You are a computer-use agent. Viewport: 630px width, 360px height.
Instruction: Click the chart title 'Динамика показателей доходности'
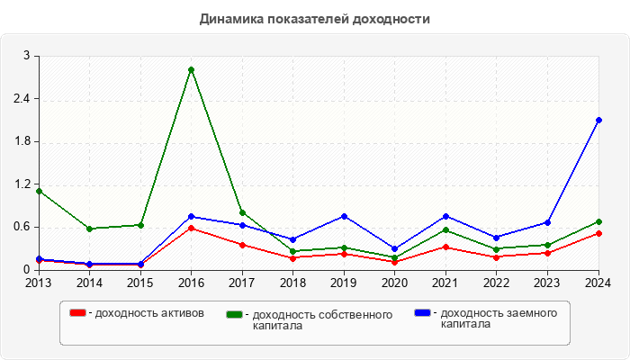coord(314,19)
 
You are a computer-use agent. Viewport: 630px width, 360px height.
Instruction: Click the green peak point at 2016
coord(191,69)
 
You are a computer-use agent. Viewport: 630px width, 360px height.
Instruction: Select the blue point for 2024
coord(598,120)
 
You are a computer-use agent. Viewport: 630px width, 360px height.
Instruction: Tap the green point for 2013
coord(39,191)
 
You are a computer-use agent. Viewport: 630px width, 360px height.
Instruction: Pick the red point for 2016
coord(191,228)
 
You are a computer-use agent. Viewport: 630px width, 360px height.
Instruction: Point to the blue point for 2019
coord(344,216)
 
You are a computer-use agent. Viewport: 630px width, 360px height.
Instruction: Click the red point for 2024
coord(598,233)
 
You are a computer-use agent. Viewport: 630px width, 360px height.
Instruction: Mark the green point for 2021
coord(445,229)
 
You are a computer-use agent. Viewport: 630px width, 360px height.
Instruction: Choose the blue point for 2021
coord(445,216)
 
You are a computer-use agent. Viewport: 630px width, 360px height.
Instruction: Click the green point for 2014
coord(89,229)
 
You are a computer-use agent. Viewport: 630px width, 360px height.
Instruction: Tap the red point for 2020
coord(395,262)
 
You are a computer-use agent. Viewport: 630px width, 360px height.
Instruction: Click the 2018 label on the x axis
coord(292,283)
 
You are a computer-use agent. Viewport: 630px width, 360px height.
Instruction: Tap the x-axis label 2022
coord(496,283)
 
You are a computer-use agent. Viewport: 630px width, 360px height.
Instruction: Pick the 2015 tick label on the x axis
coord(139,283)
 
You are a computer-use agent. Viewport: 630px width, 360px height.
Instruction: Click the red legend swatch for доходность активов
coord(78,313)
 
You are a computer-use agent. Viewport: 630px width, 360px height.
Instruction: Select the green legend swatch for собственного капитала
coord(235,314)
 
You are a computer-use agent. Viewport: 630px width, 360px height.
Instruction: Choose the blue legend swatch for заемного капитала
coord(422,312)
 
